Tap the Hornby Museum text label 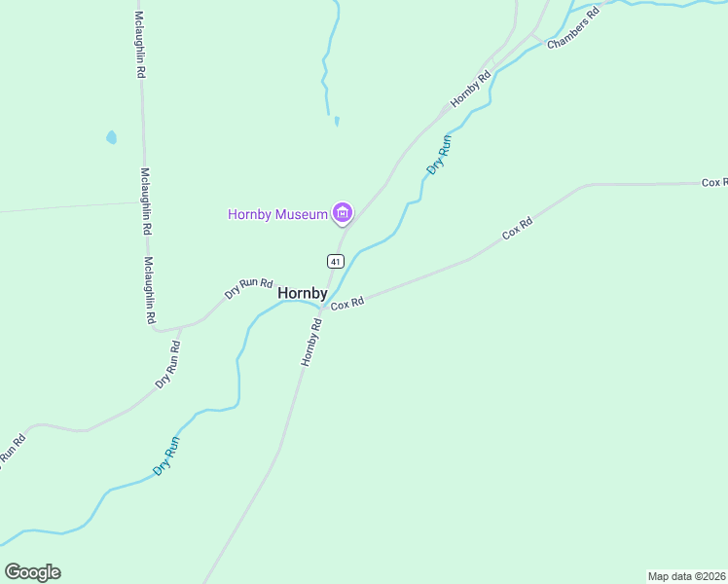pyautogui.click(x=277, y=214)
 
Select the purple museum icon pyautogui.click(x=342, y=212)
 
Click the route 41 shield pyautogui.click(x=335, y=261)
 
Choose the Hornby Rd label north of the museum pyautogui.click(x=471, y=90)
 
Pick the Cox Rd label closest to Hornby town pyautogui.click(x=346, y=305)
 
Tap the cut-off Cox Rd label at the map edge pyautogui.click(x=714, y=182)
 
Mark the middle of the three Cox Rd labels pyautogui.click(x=517, y=230)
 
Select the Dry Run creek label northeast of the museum pyautogui.click(x=440, y=155)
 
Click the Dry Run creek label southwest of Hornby pyautogui.click(x=166, y=456)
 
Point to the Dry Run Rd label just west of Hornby pyautogui.click(x=248, y=287)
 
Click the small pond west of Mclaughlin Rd pyautogui.click(x=111, y=137)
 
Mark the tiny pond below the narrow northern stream pyautogui.click(x=337, y=121)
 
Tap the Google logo pyautogui.click(x=32, y=572)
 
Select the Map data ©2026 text pyautogui.click(x=686, y=576)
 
